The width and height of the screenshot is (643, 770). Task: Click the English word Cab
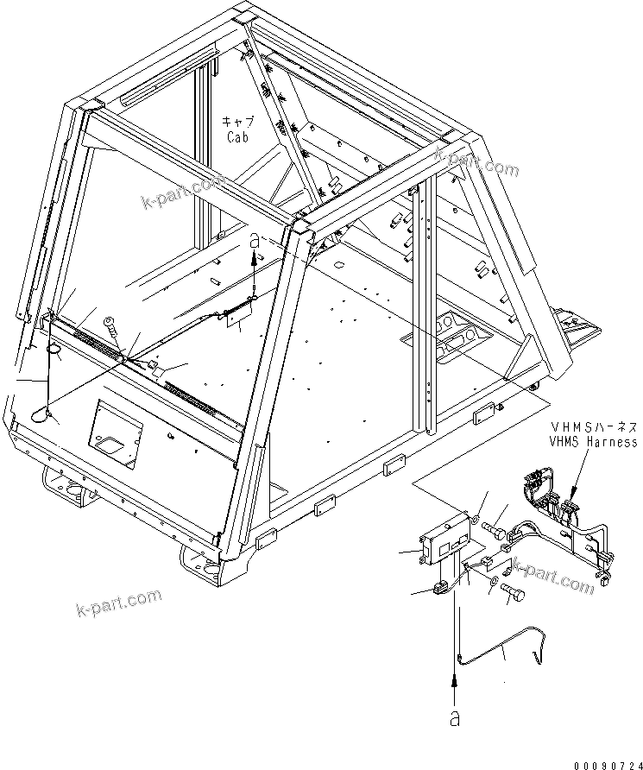pyautogui.click(x=237, y=137)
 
